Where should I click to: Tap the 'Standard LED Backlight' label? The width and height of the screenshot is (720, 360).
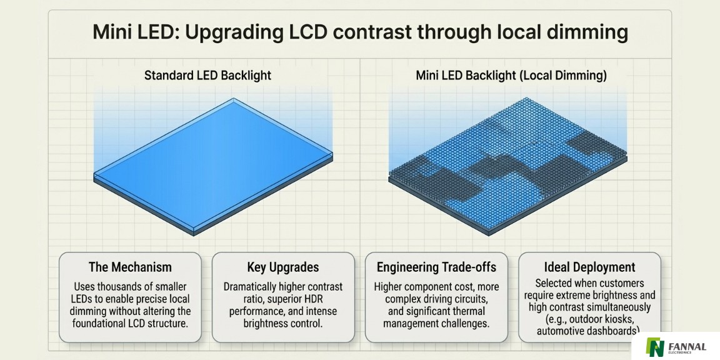[x=208, y=76]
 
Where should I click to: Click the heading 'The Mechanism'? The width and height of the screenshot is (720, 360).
[x=130, y=267]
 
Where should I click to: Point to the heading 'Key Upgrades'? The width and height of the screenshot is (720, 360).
[x=282, y=267]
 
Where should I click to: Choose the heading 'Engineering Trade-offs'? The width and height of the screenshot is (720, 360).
[x=436, y=267]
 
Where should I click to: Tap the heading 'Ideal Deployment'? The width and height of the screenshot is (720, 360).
[x=590, y=267]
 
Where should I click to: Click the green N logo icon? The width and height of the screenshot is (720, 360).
[x=656, y=347]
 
